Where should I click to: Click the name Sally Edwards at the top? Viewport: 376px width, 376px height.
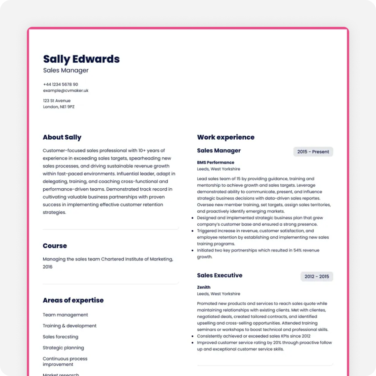[x=81, y=59]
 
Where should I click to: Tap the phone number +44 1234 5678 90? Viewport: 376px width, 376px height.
[x=60, y=84]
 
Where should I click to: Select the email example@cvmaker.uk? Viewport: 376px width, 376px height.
[x=66, y=91]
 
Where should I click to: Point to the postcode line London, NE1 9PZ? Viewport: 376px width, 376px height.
[x=59, y=107]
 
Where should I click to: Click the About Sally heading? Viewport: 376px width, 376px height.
[x=62, y=137]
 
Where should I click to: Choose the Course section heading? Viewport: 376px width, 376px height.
[x=55, y=246]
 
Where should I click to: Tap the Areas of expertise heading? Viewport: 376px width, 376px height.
[x=73, y=300]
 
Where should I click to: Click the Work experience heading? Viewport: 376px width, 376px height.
[x=226, y=137]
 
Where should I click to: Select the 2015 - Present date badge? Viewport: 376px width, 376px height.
[x=313, y=152]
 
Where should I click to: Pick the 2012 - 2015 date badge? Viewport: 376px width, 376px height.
[x=317, y=277]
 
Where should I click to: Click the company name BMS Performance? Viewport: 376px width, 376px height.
[x=216, y=162]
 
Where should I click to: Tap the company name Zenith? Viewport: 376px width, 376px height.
[x=204, y=287]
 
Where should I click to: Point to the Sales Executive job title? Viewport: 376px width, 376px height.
[x=220, y=275]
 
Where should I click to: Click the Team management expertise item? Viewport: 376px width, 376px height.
[x=65, y=315]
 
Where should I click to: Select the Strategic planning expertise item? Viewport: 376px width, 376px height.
[x=63, y=348]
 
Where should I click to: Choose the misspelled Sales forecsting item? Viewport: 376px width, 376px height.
[x=60, y=337]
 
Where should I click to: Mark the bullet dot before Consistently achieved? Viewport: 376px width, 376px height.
[x=192, y=336]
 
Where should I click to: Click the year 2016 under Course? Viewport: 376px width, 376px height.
[x=48, y=267]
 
